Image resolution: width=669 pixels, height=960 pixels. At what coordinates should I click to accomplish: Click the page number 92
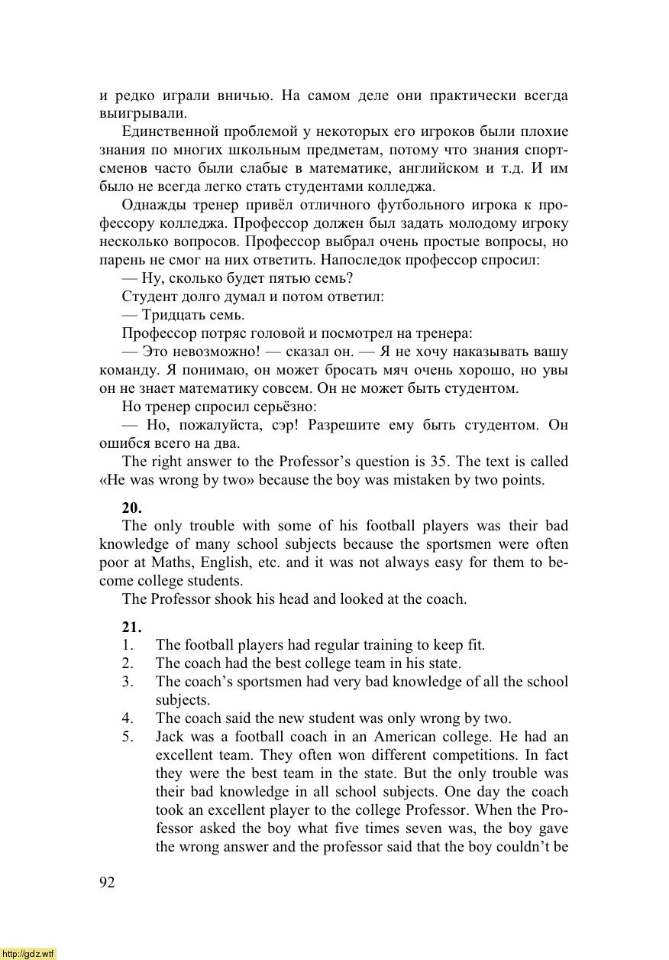107,883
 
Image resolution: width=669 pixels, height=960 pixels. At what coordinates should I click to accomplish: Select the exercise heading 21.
131,627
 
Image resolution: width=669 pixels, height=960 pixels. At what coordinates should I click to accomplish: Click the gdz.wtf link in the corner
28,953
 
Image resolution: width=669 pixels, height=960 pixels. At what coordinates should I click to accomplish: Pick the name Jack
171,737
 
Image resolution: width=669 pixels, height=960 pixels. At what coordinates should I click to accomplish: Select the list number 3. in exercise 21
128,682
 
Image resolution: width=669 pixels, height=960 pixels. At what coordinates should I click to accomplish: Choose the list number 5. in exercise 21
128,737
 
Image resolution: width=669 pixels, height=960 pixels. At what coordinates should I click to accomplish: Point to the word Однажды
157,206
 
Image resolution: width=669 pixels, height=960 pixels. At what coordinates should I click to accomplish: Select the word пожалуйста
218,425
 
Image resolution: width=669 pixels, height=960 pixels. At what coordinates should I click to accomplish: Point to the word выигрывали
143,114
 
